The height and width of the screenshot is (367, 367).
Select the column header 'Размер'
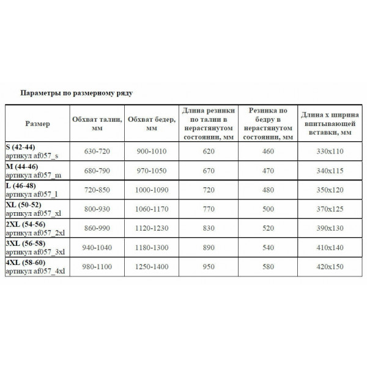point(37,124)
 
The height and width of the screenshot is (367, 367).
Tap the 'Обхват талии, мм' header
point(96,123)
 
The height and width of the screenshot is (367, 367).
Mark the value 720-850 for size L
point(96,190)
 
